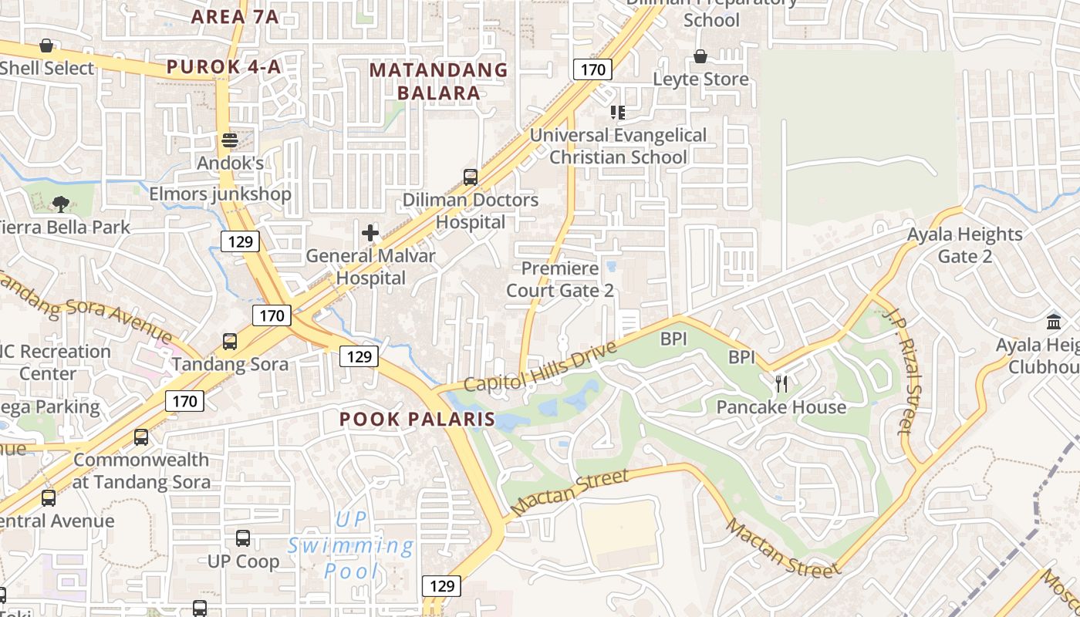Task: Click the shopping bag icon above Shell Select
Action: [46, 46]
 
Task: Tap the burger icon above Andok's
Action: [229, 140]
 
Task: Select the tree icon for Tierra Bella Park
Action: [60, 204]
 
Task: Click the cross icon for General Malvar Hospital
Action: [370, 232]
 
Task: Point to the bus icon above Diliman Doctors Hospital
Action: [471, 177]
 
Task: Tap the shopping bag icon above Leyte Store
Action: [700, 56]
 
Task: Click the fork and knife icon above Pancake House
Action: [781, 384]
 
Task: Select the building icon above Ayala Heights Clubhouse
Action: [1054, 322]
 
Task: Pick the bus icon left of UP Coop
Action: [243, 538]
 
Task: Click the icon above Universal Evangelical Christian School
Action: [617, 113]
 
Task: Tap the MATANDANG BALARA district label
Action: [439, 82]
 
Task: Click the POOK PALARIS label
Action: [417, 420]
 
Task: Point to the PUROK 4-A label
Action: [224, 67]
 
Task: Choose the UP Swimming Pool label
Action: [352, 545]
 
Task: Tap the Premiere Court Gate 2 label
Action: [560, 279]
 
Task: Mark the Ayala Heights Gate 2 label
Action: [964, 245]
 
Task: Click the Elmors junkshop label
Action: [221, 194]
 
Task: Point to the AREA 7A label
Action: [235, 16]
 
